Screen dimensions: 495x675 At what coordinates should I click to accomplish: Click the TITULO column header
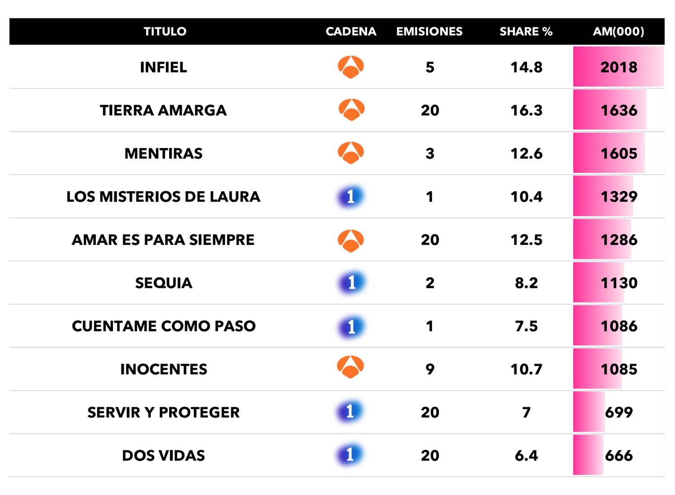click(x=165, y=31)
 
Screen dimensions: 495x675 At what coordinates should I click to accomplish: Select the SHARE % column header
click(x=526, y=31)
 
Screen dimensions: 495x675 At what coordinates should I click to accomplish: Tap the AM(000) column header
click(x=618, y=31)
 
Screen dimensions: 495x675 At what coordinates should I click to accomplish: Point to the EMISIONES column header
click(x=429, y=31)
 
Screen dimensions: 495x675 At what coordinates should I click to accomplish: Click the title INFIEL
click(x=163, y=67)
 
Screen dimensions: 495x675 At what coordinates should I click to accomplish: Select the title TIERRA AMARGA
click(x=163, y=110)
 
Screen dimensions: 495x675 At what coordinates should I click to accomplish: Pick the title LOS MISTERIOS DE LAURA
click(x=163, y=197)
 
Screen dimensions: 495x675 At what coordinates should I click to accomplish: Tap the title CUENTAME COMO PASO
click(x=163, y=326)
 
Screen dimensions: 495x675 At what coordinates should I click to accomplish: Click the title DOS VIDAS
click(x=163, y=455)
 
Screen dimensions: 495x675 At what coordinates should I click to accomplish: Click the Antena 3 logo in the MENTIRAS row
click(x=351, y=153)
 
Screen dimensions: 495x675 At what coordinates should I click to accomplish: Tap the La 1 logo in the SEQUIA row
click(x=351, y=283)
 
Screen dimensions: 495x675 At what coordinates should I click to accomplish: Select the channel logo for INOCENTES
click(x=351, y=368)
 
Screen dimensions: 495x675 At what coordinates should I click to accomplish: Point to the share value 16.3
click(x=526, y=110)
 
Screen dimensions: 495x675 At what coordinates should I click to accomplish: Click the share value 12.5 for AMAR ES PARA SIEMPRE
click(x=526, y=240)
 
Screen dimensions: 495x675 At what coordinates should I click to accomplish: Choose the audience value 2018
click(x=619, y=67)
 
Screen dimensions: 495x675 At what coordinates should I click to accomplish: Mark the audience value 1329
click(x=619, y=197)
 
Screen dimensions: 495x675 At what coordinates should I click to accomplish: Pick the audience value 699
click(x=619, y=412)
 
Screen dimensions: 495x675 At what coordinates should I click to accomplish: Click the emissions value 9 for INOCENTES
click(x=430, y=369)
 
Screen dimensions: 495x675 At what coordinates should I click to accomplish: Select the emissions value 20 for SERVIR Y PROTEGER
click(x=430, y=412)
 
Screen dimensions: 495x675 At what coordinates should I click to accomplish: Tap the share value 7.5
click(x=526, y=326)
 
